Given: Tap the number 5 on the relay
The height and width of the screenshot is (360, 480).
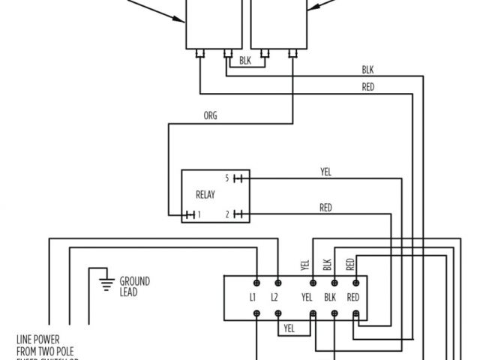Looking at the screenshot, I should pos(226,178).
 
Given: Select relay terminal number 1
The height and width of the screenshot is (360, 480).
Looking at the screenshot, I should pos(198,215).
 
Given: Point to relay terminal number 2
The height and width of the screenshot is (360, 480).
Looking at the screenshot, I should pos(226,215).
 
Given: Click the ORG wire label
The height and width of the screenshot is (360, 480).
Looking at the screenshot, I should pos(211,116).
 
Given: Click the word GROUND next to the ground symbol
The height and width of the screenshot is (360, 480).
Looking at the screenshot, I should pos(135,281).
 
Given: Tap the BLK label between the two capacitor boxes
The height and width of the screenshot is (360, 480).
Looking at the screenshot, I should pos(245,61).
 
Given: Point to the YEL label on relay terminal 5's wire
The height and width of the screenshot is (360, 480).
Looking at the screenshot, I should pos(325,172).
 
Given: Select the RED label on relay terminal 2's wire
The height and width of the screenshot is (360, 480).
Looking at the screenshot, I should pos(325,208).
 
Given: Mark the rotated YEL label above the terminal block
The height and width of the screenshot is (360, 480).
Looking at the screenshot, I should pos(304,265).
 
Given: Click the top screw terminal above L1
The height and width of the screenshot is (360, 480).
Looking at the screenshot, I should pos(256,282).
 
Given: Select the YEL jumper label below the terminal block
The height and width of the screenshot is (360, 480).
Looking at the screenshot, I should pos(289,328).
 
